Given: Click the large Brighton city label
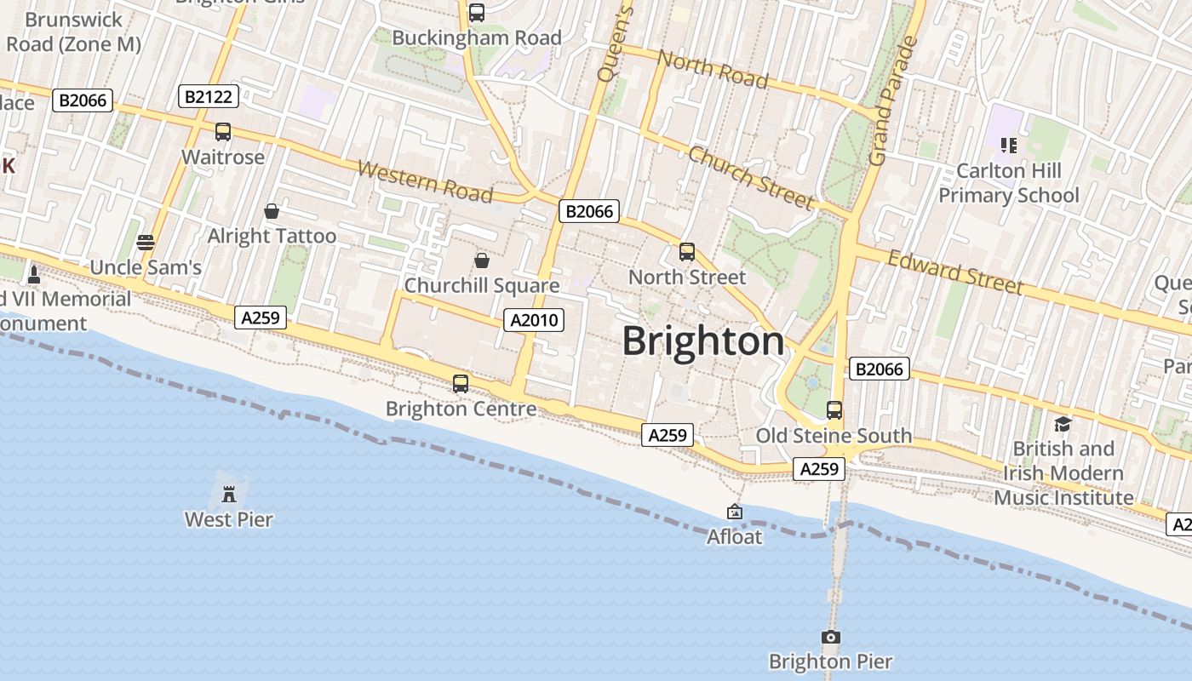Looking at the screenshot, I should coord(703,341).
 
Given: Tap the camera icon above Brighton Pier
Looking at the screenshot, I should coord(830,637).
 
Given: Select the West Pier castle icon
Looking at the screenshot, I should coord(228,494).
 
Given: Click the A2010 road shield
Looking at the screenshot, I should coord(534,320).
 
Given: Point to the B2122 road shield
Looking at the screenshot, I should coord(209,96).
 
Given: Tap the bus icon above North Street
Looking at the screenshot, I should coord(686,252).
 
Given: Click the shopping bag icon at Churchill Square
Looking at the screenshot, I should coord(482,260).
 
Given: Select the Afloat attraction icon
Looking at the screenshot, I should coord(734,512).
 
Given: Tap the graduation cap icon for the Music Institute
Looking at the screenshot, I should coord(1062,424).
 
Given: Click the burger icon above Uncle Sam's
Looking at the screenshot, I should coord(146,243).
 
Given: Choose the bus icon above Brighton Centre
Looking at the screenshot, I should coord(461,383).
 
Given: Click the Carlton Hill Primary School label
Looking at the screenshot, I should coord(1008,183).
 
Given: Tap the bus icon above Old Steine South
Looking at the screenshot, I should coord(834,410).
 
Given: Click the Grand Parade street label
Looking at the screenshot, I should coord(891,101).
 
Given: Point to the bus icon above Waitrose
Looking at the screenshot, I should coord(222,132).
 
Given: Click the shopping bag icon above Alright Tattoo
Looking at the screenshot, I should coord(272,211).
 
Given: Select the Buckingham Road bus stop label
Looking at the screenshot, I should coord(477,38).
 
